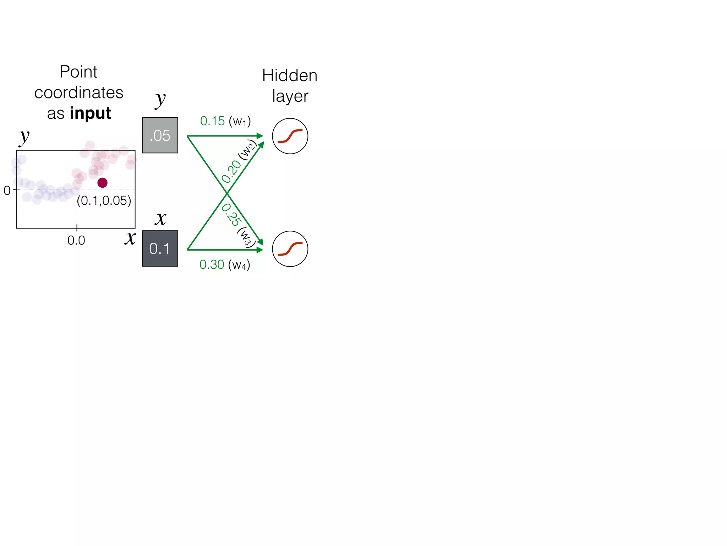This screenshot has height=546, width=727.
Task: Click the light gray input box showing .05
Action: [x=160, y=135]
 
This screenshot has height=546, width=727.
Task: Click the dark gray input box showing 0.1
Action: [x=160, y=248]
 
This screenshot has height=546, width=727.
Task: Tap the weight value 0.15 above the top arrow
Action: [x=212, y=121]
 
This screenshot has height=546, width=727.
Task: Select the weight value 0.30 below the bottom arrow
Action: [x=212, y=264]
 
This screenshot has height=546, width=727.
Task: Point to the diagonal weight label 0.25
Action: [x=231, y=215]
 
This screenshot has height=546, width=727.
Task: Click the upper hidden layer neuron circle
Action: [x=290, y=136]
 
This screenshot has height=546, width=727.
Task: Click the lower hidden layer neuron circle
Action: [x=290, y=249]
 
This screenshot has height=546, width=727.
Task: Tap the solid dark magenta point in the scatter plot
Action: [x=102, y=183]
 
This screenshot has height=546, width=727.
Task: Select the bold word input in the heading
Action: [x=90, y=113]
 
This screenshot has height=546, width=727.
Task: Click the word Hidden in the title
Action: [x=289, y=75]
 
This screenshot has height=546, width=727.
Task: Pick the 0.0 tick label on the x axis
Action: [x=76, y=241]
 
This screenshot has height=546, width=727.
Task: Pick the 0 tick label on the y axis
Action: [x=7, y=191]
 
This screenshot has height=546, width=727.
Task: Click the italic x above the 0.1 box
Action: [x=160, y=218]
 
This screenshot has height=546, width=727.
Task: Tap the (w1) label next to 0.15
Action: [x=240, y=122]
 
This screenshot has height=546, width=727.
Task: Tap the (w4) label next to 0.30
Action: [x=239, y=265]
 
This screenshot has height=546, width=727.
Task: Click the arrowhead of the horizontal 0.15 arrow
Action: [x=260, y=136]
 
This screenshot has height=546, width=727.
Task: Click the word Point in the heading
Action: [x=78, y=72]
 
